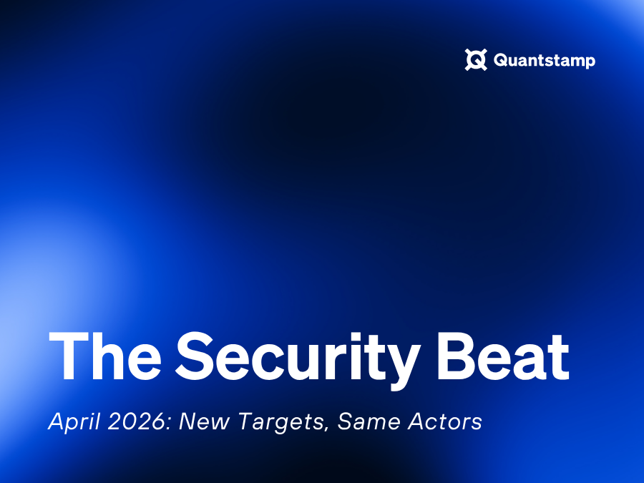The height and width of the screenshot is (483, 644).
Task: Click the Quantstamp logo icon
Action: coord(476,59)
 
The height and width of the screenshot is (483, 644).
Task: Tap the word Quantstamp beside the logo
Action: coord(545,60)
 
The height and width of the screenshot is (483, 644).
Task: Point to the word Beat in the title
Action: coord(503,356)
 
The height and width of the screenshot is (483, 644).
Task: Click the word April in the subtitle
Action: coord(74,421)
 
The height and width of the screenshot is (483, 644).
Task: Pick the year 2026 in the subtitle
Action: coord(137,421)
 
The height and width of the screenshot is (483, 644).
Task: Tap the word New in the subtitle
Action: coord(204,421)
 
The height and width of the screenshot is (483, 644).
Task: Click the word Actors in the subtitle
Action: coord(445,421)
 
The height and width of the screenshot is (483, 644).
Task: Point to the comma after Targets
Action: coord(327,429)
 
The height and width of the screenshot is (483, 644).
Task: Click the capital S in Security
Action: coord(195,356)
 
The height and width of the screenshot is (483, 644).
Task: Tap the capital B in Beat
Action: coord(456,356)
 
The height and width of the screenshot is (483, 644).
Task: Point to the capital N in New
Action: coord(188,421)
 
